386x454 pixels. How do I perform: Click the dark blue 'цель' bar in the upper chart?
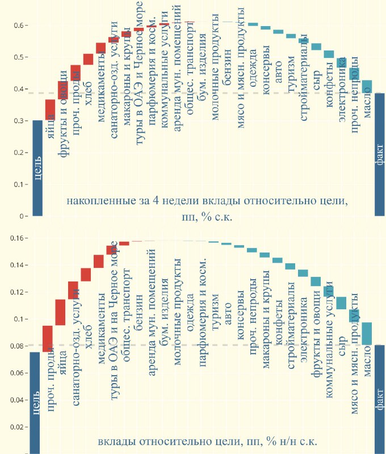(x=38, y=168)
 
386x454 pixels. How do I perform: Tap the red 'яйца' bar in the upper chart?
(x=50, y=110)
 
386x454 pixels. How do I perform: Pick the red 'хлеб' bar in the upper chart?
(x=88, y=59)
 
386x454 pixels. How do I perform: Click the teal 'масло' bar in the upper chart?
(x=367, y=86)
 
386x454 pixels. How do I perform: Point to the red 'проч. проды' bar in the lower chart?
(x=48, y=339)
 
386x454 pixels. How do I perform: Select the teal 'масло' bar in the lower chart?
(x=367, y=333)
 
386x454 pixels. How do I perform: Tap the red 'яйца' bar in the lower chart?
(x=60, y=313)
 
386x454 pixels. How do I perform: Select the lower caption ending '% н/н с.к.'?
(x=207, y=442)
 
